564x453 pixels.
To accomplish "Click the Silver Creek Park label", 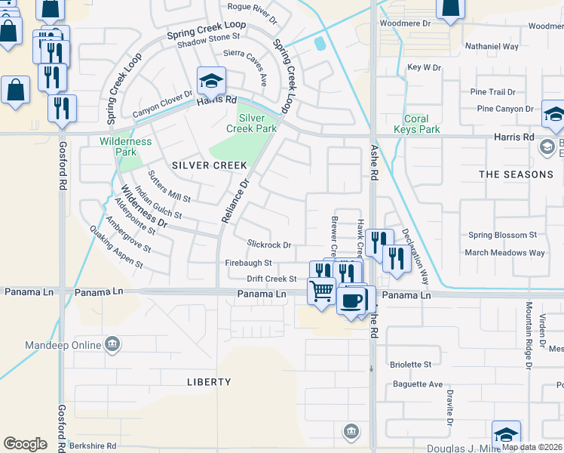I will pos(251,125).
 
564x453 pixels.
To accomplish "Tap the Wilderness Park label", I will pos(125,146).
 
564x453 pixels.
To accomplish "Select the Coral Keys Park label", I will pos(416,124).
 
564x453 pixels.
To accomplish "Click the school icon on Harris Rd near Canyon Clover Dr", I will pos(212,81).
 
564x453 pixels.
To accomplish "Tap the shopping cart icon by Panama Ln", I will pos(322,289).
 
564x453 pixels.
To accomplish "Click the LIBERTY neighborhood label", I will pos(209,382).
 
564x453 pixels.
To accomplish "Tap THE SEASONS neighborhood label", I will pos(516,174).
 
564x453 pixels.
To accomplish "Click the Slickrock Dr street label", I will pos(269,244).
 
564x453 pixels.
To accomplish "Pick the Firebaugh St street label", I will pos(248,263).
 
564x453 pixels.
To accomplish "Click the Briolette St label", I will pos(411,364).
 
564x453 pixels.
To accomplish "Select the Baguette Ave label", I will pos(418,384).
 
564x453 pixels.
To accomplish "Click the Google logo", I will pos(25,444).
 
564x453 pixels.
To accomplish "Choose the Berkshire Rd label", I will pos(92,445).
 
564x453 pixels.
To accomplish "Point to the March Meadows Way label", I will pos(504,253).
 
